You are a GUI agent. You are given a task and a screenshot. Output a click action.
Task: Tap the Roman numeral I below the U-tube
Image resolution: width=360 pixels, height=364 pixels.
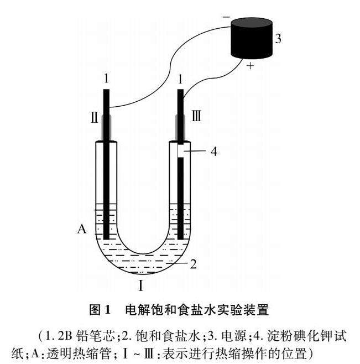click(142, 286)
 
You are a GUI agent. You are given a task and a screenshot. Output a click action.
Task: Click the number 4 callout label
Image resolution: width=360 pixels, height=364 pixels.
click(212, 152)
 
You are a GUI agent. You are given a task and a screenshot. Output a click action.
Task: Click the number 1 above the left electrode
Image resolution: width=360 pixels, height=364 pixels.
click(106, 79)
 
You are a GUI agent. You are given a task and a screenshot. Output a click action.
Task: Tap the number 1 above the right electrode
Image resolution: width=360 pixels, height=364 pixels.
click(179, 79)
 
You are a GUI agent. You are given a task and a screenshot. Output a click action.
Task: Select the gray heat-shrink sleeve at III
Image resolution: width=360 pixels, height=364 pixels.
click(180, 127)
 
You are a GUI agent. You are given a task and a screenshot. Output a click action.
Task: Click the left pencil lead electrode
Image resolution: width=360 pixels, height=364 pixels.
click(106, 183)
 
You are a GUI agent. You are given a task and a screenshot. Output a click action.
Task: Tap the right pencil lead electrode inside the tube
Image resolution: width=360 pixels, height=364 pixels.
click(180, 199)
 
